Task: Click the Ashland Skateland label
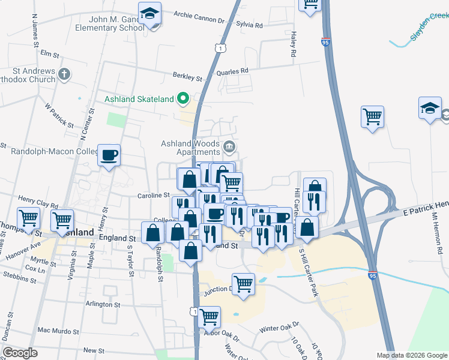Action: (x=139, y=99)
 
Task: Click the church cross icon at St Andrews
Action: (x=65, y=74)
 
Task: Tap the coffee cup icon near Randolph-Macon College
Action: (x=109, y=155)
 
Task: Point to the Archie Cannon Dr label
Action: (x=198, y=17)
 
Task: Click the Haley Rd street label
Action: (x=294, y=45)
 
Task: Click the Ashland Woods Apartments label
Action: (x=190, y=147)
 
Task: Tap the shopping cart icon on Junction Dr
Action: (x=243, y=283)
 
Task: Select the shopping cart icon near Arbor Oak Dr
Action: (x=209, y=316)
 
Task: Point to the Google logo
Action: (x=20, y=353)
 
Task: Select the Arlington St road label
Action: (x=103, y=305)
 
